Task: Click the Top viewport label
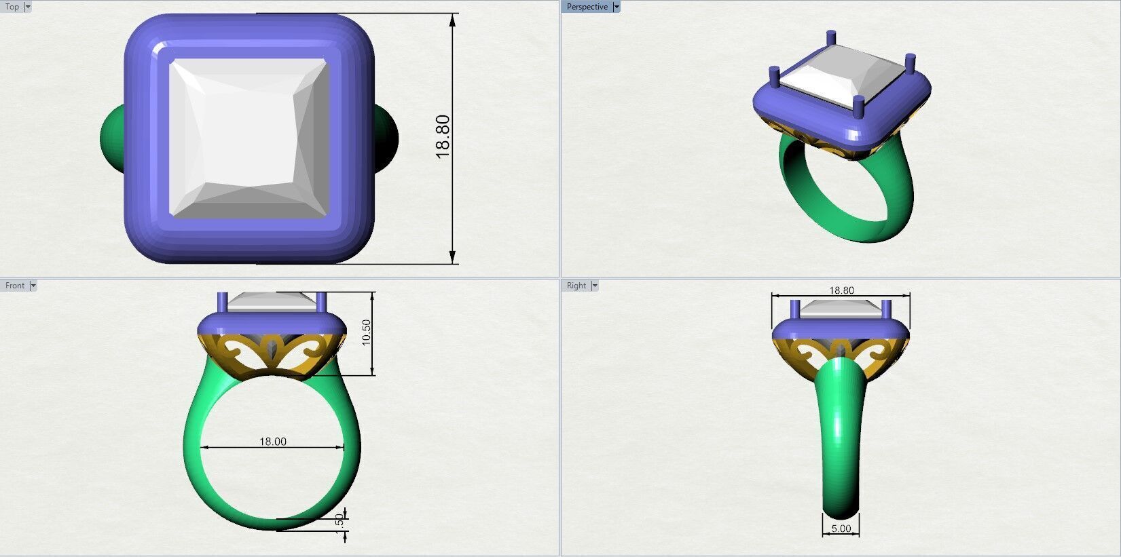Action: click(x=12, y=7)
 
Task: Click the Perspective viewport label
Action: click(x=587, y=7)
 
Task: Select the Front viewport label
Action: click(x=14, y=286)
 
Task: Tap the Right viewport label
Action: click(x=576, y=286)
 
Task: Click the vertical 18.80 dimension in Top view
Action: click(x=443, y=136)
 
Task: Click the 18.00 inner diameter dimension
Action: click(x=272, y=442)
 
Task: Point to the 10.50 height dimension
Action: click(x=367, y=332)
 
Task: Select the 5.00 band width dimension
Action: click(x=841, y=529)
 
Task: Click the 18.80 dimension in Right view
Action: click(x=841, y=290)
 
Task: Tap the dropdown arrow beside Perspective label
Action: click(x=617, y=7)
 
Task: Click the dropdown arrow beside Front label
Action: click(x=33, y=286)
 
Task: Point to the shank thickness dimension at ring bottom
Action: click(x=340, y=521)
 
